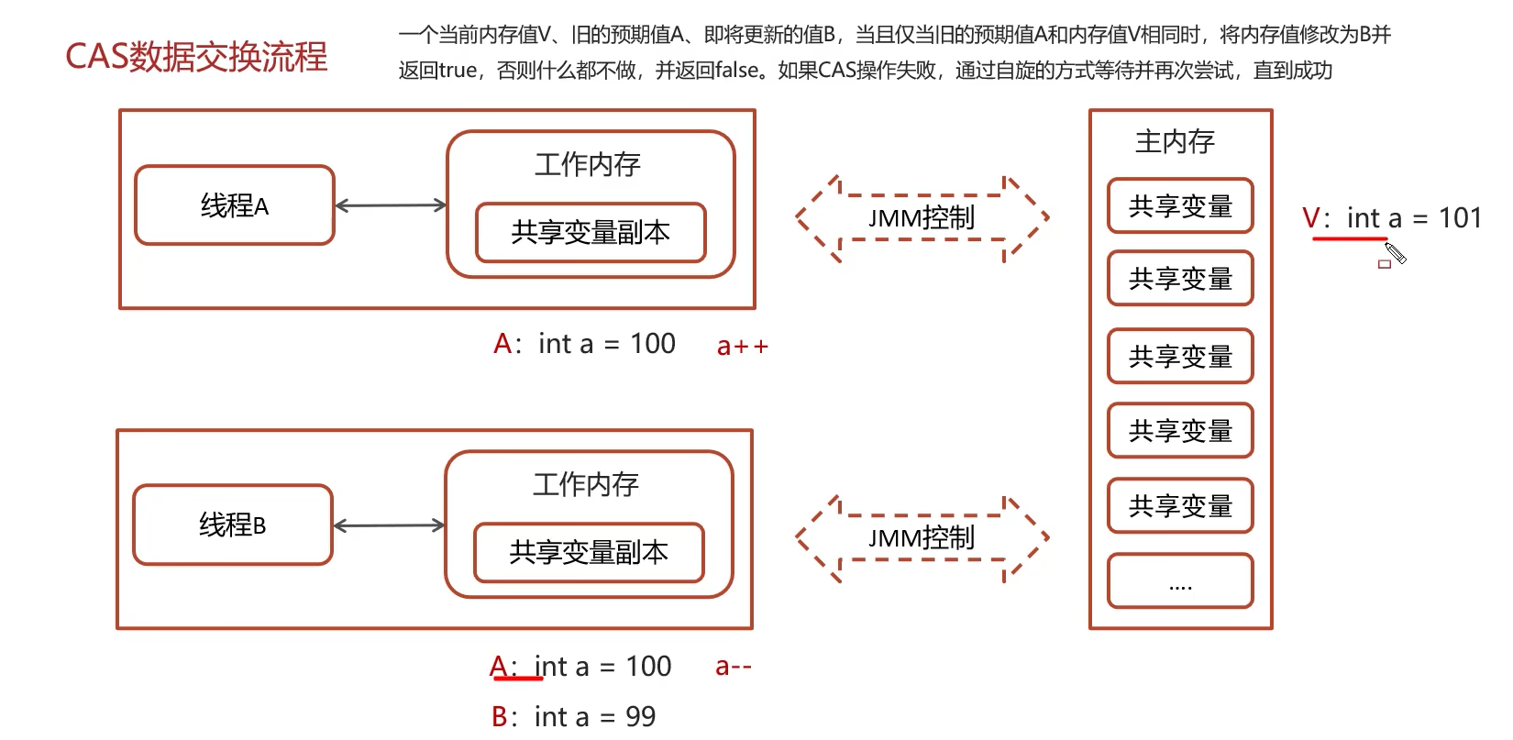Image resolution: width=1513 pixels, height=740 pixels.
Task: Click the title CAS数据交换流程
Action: pyautogui.click(x=196, y=57)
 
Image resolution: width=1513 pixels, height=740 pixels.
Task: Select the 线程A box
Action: pyautogui.click(x=235, y=205)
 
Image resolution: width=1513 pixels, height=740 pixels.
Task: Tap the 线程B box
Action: pyautogui.click(x=233, y=525)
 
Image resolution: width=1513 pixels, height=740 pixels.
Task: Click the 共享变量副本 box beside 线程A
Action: pyautogui.click(x=591, y=233)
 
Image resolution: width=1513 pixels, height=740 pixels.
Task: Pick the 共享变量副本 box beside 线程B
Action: pyautogui.click(x=589, y=552)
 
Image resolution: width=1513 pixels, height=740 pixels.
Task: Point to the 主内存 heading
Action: pyautogui.click(x=1175, y=141)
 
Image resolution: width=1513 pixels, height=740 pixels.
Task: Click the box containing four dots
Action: pyautogui.click(x=1180, y=580)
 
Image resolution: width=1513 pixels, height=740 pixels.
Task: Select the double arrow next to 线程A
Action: pyautogui.click(x=391, y=205)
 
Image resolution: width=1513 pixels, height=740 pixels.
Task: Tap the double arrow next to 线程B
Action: pyautogui.click(x=389, y=525)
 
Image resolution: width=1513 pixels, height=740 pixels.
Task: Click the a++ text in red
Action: pyautogui.click(x=742, y=347)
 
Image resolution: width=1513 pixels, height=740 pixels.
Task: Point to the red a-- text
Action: pyautogui.click(x=733, y=667)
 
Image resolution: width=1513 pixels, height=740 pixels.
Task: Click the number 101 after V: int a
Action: pyautogui.click(x=1460, y=218)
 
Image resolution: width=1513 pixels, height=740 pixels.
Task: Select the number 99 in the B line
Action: pyautogui.click(x=640, y=716)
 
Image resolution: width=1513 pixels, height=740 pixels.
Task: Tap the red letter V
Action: pyautogui.click(x=1310, y=218)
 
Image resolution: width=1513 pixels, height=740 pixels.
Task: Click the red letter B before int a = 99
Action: pyautogui.click(x=500, y=716)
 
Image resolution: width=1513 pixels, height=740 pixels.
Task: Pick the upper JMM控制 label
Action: pyautogui.click(x=922, y=218)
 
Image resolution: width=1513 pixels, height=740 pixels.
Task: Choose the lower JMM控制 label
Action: pyautogui.click(x=922, y=538)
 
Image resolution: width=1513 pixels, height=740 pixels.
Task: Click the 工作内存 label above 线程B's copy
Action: pyautogui.click(x=586, y=484)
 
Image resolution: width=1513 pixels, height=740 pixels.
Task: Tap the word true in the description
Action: pyautogui.click(x=458, y=71)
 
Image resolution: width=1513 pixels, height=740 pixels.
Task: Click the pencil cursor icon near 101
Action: pyautogui.click(x=1396, y=253)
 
